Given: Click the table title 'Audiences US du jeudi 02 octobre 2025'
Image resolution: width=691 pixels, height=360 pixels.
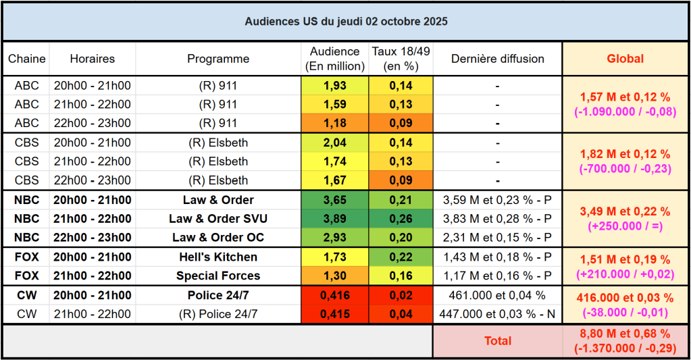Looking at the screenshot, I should coord(346,22).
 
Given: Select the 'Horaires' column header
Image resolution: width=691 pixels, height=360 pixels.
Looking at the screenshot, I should coord(93,59).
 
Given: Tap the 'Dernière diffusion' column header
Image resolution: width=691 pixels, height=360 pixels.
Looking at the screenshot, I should coord(497,59).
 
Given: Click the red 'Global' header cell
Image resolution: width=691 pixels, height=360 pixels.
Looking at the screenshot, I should coord(625,59).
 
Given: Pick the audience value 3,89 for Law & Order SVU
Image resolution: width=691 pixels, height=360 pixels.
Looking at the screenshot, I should coord(335,219).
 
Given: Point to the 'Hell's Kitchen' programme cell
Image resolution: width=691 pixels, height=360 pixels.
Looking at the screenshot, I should coord(218,257).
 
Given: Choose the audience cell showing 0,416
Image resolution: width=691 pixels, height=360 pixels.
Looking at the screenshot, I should coord(335,296).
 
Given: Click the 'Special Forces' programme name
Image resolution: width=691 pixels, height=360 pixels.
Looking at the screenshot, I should coord(218,276).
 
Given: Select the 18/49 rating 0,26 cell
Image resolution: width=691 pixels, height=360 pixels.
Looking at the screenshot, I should coord(401,219).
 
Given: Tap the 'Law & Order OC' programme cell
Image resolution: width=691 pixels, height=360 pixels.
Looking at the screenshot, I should coord(218,238).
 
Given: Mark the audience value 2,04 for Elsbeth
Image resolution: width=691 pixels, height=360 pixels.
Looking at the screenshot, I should coord(335,143).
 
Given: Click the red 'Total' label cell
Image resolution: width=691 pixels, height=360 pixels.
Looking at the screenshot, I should coord(498,341).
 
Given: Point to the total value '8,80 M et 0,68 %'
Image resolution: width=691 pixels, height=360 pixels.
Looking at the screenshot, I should coord(625,334).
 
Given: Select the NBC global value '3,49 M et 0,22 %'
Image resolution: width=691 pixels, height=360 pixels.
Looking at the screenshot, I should coord(625,211).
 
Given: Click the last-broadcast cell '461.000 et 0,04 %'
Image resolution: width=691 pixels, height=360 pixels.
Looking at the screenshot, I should coord(497,296).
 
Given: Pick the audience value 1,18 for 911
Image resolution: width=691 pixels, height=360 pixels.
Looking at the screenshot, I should coord(335,124).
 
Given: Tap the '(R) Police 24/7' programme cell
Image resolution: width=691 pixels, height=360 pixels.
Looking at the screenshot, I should coord(218,315).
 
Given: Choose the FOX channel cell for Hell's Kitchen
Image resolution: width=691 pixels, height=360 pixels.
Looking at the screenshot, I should coord(27,257).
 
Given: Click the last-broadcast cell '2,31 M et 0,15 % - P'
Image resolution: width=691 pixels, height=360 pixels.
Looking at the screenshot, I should coord(497,238).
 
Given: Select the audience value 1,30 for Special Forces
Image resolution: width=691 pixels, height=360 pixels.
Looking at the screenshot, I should coord(335,276).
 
